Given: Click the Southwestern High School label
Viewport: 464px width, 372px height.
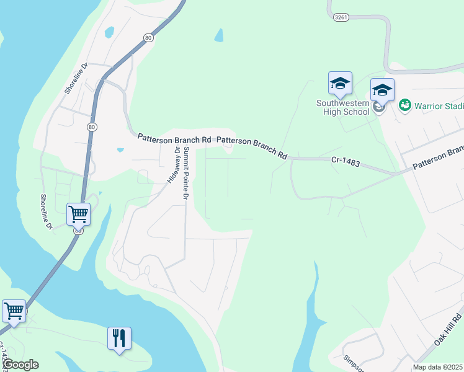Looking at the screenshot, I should [x=342, y=107].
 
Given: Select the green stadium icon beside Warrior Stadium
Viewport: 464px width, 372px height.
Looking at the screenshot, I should [x=405, y=105].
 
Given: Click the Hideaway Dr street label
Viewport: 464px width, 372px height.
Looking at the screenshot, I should [x=172, y=164].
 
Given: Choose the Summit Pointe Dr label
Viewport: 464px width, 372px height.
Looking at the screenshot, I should [x=184, y=174].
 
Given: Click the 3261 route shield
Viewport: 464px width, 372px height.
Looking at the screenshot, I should [x=340, y=18].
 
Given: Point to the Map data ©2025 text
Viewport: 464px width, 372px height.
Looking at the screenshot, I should [x=438, y=367].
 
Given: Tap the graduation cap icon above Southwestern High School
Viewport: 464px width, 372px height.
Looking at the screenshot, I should [x=340, y=83].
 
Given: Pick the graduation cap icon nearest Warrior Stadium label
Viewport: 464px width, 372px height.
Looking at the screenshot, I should [x=382, y=91].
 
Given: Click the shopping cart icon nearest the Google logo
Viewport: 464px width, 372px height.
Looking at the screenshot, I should [x=14, y=311].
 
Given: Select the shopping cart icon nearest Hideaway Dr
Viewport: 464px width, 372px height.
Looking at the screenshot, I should [x=79, y=215].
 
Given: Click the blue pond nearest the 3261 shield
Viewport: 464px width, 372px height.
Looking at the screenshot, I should [x=218, y=35].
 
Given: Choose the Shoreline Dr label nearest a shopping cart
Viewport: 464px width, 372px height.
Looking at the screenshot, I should [x=46, y=211].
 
